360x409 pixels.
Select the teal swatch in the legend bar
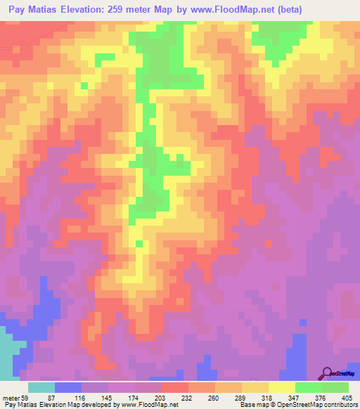(41, 388)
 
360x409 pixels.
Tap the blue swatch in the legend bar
(68, 388)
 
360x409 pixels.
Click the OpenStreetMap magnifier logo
(326, 373)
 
